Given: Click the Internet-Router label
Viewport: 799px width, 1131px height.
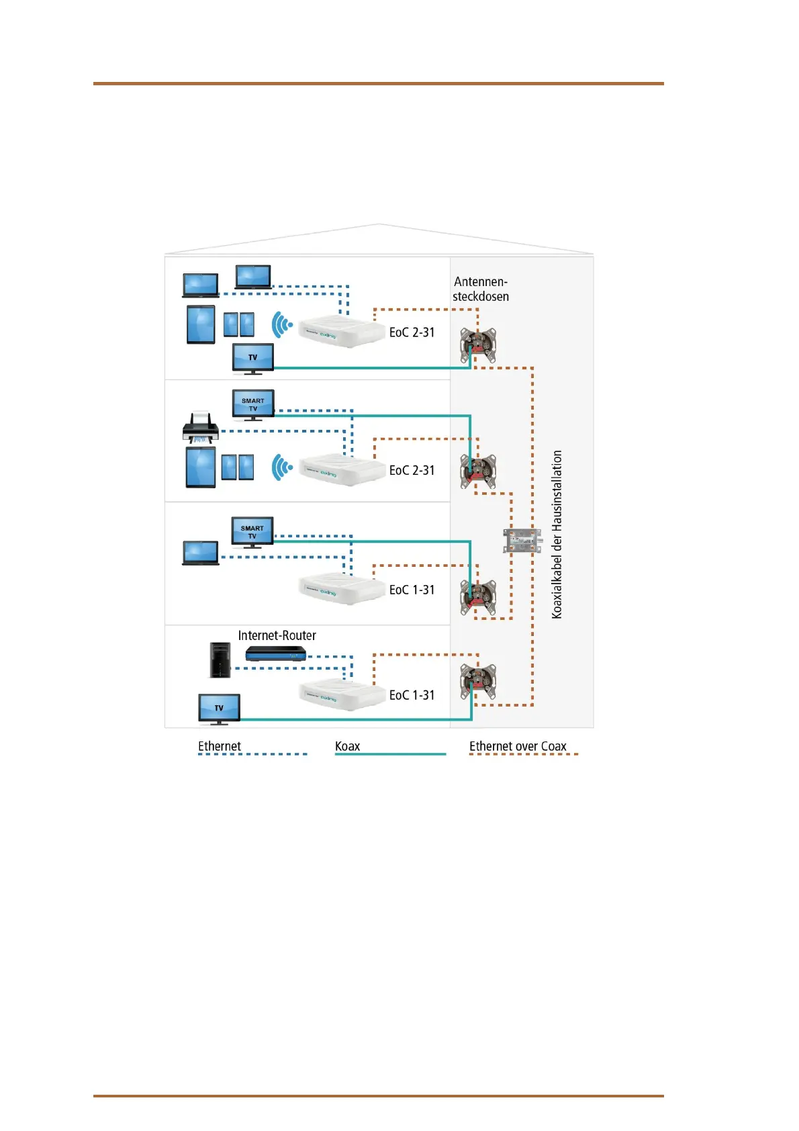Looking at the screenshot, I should [x=277, y=635].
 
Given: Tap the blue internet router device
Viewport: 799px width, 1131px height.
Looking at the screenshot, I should [x=275, y=653].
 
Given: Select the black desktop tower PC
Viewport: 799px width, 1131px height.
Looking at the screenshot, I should [x=220, y=660].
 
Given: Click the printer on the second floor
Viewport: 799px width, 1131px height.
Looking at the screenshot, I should [x=201, y=428].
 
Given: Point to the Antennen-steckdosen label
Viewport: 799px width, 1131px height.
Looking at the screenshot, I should [x=481, y=289].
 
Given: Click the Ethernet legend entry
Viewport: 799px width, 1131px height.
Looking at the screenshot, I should [x=220, y=746].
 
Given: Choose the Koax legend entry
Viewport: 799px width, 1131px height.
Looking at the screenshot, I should [x=348, y=746].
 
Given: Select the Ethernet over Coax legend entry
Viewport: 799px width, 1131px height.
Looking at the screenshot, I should [x=518, y=746].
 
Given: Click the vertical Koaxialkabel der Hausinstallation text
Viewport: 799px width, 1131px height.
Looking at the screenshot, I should [x=557, y=534].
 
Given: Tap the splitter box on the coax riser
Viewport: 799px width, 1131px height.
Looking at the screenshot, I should [x=522, y=540].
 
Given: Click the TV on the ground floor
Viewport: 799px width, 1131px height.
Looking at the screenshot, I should [x=219, y=709].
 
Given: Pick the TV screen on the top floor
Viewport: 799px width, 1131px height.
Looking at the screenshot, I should [x=252, y=358].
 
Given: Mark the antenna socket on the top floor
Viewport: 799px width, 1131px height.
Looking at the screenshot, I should [x=478, y=345].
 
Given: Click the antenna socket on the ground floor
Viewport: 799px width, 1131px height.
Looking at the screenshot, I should [x=478, y=681].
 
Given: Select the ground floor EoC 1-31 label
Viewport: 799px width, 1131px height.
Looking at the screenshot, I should [x=412, y=695].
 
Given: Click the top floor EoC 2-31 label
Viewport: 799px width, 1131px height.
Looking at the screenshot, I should [x=412, y=332].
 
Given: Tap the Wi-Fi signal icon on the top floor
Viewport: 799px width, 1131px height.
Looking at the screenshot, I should [x=282, y=325].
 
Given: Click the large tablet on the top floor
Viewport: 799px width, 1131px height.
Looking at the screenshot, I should [x=201, y=324].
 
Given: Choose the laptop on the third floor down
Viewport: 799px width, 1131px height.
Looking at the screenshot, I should [x=201, y=553].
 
